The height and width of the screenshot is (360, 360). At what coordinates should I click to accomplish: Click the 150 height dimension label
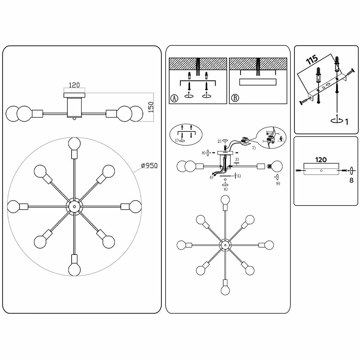coord(151,107)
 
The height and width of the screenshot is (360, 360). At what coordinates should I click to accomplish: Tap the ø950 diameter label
coord(149,166)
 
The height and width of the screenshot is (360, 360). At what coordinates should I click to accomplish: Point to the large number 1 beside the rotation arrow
coord(346,121)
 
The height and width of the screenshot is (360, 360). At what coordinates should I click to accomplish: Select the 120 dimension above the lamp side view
coord(74,85)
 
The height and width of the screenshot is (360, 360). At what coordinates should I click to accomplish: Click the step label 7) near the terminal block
coord(254,148)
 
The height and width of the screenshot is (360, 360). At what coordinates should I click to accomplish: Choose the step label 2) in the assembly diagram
coord(219,141)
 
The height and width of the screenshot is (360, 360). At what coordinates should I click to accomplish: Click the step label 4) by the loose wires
coord(211,177)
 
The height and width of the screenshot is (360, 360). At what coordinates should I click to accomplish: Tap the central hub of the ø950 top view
coord(75,206)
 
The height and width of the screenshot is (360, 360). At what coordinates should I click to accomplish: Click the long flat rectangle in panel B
coord(257,82)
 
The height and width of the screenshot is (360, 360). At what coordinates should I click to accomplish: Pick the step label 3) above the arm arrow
coord(237,159)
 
